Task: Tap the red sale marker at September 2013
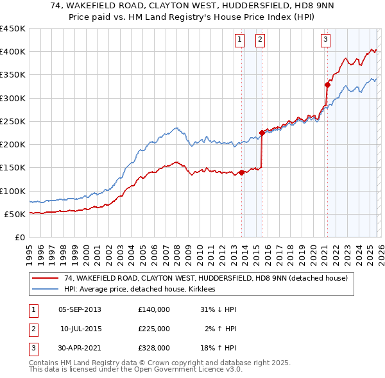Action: tap(241, 172)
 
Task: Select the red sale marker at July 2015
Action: tap(262, 133)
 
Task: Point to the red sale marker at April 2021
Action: tap(327, 85)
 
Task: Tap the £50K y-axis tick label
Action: tap(15, 214)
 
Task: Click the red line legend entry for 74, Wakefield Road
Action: tap(205, 278)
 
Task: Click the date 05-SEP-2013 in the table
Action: tap(80, 309)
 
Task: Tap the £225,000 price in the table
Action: tap(154, 329)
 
